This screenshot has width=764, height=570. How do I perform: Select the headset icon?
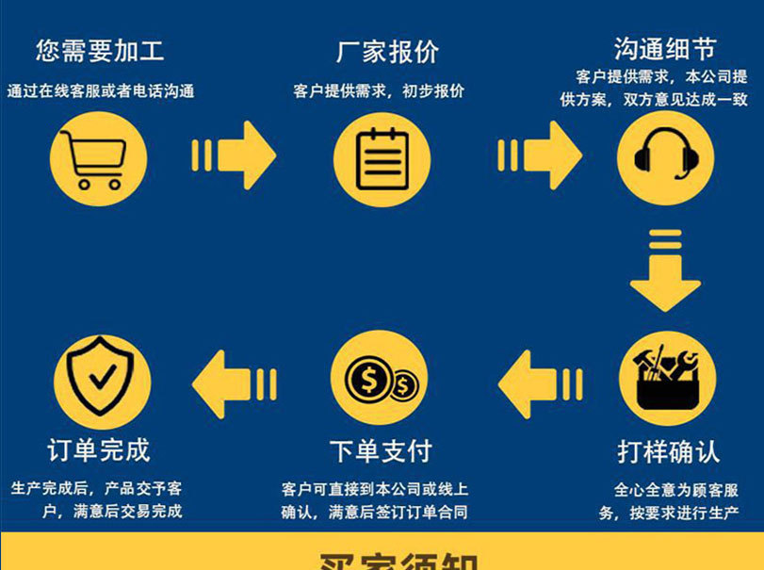[x=665, y=158]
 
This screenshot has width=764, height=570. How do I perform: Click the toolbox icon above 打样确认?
[x=667, y=381]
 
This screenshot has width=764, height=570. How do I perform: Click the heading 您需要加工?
[x=100, y=51]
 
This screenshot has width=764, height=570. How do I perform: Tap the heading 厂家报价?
[x=387, y=52]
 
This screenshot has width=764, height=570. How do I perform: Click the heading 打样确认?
[x=668, y=451]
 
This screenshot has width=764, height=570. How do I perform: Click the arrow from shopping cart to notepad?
[x=235, y=155]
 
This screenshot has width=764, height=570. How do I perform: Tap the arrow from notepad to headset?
[x=540, y=155]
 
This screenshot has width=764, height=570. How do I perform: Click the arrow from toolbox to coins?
[x=539, y=383]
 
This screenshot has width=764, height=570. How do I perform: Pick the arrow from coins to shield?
[x=234, y=383]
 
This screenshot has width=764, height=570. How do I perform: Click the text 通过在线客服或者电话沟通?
[x=100, y=91]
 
